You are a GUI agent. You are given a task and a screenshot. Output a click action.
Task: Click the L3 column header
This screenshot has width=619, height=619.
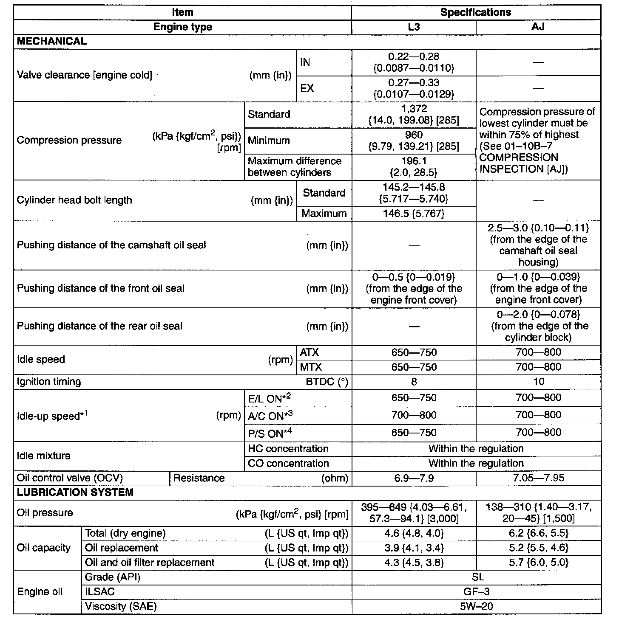[x=414, y=27]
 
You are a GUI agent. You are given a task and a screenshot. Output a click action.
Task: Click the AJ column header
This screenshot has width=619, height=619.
[x=538, y=27]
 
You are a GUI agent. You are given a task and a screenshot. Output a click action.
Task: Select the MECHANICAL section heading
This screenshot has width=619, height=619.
[x=51, y=41]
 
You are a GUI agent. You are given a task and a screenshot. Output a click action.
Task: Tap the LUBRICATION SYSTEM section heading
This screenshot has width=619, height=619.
[x=75, y=492]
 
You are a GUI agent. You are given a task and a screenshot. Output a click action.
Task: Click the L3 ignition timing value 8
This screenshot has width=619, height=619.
[x=414, y=382]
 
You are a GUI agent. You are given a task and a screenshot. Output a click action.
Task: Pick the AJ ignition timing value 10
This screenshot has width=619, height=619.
[x=538, y=382]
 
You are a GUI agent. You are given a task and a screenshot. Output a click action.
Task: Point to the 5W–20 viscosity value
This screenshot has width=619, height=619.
[x=476, y=606]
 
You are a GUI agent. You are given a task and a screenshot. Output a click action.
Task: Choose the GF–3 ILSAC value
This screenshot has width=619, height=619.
[x=476, y=591]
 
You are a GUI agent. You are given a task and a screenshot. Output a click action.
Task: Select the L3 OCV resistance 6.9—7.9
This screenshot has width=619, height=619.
[x=414, y=478]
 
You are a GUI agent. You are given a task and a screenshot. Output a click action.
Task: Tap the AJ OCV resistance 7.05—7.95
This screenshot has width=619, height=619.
[x=538, y=478]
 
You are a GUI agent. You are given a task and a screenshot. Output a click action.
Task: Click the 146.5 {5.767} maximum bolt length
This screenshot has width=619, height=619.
[x=414, y=214]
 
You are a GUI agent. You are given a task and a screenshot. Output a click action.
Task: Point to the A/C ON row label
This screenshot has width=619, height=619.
[x=270, y=416]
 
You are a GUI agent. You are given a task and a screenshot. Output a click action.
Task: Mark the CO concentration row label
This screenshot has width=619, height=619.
[x=288, y=463]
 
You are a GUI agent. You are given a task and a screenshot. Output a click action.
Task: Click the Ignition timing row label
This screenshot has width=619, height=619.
[x=48, y=382]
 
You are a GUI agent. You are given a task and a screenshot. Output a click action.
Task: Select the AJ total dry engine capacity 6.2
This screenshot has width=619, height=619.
[x=538, y=533]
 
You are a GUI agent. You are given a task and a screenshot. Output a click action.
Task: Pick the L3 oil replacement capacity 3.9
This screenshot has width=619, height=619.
[x=414, y=548]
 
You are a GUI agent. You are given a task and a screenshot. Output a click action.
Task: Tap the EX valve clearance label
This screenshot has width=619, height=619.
[x=307, y=89]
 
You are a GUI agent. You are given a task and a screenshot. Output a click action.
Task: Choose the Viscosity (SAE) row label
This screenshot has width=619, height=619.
[x=121, y=606]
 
